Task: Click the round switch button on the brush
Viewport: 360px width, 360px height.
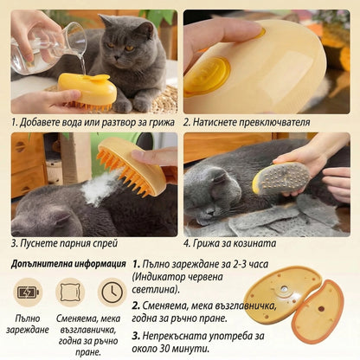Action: (208, 75)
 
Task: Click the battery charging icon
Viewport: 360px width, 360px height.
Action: (28, 292)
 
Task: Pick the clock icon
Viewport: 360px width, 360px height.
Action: (112, 292)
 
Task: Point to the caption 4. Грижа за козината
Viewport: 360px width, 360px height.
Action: (235, 244)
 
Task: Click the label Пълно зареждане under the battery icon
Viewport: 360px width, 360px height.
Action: (28, 324)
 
